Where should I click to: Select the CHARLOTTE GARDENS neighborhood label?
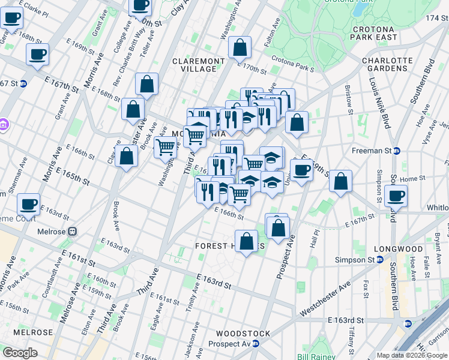tap(387, 64)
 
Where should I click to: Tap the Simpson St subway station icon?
tap(380, 260)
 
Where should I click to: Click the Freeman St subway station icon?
tap(397, 151)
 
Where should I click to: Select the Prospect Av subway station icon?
tap(256, 344)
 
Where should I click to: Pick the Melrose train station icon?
tap(72, 231)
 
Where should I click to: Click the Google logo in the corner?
tap(20, 353)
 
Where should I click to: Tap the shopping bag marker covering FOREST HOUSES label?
tap(247, 242)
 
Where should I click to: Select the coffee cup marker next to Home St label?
tap(396, 196)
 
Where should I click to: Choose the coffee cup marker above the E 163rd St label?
tap(28, 204)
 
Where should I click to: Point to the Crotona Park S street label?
tap(293, 64)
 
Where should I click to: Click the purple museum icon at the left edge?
tap(4, 126)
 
